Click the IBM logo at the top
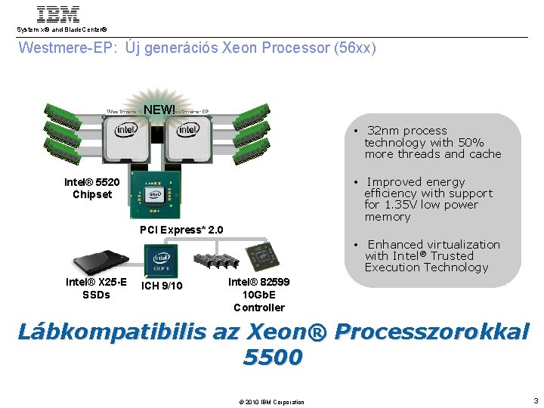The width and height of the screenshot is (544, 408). (x=58, y=14)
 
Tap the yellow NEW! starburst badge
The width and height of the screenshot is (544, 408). (x=159, y=110)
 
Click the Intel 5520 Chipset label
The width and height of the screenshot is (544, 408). (x=92, y=188)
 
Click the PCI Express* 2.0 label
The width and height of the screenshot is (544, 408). (x=182, y=230)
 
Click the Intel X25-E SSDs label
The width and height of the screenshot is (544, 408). (x=96, y=289)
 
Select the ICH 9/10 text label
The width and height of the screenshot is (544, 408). (x=162, y=285)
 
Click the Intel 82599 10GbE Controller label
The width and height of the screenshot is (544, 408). (x=258, y=295)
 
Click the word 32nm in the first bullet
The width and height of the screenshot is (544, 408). (x=383, y=131)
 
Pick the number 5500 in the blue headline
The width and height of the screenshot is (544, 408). (x=273, y=357)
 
